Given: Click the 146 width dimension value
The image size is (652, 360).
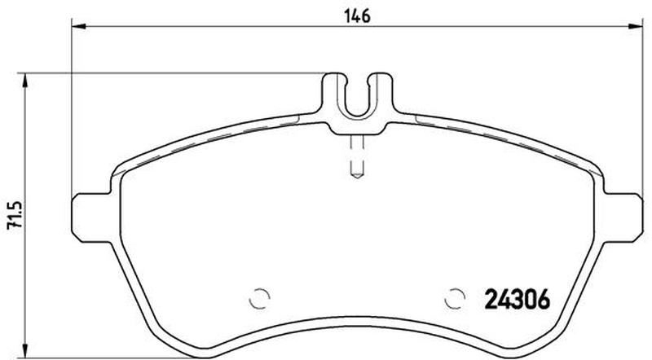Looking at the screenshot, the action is (x=357, y=16).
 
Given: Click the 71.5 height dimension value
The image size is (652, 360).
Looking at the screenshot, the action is (x=15, y=216).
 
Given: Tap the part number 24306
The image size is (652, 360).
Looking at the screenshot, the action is (x=518, y=299).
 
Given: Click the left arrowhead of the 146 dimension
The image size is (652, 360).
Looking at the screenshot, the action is (x=78, y=27).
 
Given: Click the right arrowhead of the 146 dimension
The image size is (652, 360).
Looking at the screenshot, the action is (x=636, y=27).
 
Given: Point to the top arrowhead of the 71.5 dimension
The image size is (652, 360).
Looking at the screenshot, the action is (x=26, y=81).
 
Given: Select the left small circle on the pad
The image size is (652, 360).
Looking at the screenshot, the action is (x=259, y=298).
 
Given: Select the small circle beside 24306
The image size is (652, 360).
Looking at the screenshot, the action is (x=455, y=298).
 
